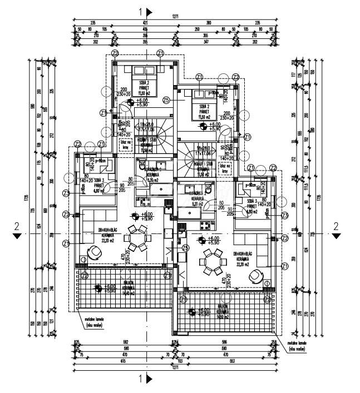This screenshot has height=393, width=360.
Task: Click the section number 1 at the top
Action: [x=142, y=11]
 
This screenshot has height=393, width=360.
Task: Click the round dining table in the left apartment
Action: [x=135, y=238]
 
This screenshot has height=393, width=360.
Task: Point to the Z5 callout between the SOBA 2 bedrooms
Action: [x=166, y=101]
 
